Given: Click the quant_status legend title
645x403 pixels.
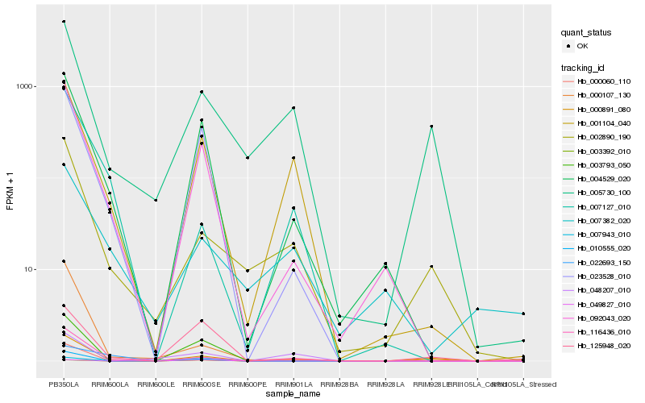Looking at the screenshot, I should tap(586, 32).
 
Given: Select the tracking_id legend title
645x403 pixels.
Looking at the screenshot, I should tap(585, 67).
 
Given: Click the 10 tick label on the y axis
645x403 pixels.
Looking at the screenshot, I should tap(31, 269).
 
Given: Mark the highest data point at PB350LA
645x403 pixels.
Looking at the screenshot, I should tap(64, 22).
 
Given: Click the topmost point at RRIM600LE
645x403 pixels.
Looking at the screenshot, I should tap(156, 200).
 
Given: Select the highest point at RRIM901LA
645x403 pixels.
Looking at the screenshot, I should tap(293, 108).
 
